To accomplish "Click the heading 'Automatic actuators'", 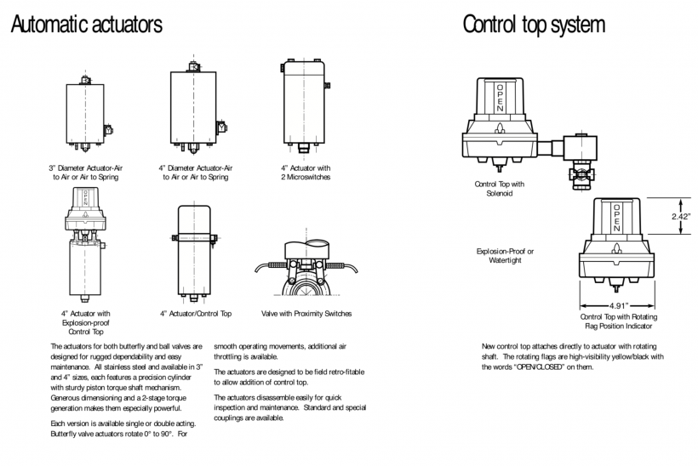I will coord(86,25).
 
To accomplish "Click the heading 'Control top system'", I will coord(534,25).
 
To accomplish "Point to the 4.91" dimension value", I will coord(617,305).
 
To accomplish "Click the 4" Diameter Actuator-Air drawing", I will coord(197,107).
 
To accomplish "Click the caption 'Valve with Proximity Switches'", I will coord(306,314).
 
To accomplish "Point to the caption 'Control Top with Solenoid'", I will coord(500,188).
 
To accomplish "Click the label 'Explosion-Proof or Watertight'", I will coord(505,255).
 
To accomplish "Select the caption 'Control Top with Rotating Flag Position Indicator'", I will coord(617,321).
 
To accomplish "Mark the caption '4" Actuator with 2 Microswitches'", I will coord(305,173).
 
